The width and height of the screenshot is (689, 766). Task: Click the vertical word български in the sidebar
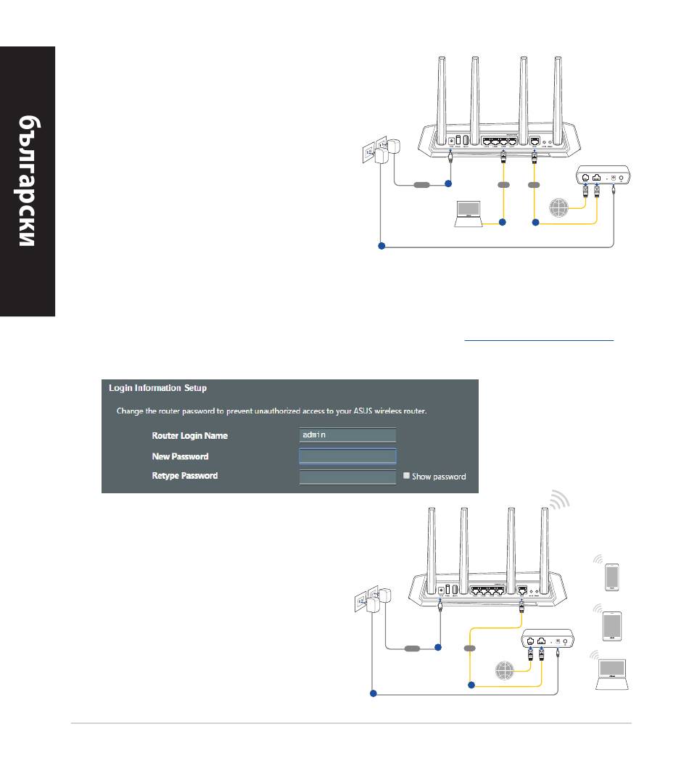pyautogui.click(x=27, y=181)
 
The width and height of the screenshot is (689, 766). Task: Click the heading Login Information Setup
pyautogui.click(x=157, y=388)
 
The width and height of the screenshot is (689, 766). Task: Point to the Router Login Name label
pyautogui.click(x=189, y=436)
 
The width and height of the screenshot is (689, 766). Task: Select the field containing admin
pyautogui.click(x=347, y=435)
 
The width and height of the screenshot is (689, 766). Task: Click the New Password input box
pyautogui.click(x=347, y=456)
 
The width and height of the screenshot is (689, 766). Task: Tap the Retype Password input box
pyautogui.click(x=347, y=477)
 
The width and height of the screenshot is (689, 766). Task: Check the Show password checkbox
pyautogui.click(x=408, y=477)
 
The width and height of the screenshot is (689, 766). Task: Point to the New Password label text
pyautogui.click(x=180, y=456)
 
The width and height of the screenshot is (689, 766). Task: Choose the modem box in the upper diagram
pyautogui.click(x=603, y=176)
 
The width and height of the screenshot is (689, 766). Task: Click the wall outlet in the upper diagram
pyautogui.click(x=371, y=153)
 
